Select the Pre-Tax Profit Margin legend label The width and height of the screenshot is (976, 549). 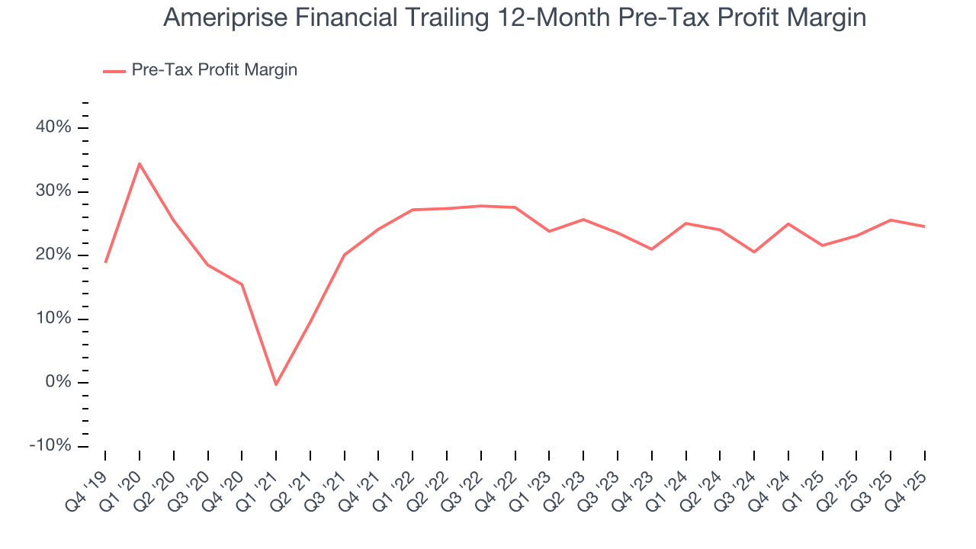click(x=214, y=70)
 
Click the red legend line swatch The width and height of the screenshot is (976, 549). click(x=114, y=71)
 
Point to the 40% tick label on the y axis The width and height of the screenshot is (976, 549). click(x=53, y=127)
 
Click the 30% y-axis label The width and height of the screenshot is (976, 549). click(x=53, y=191)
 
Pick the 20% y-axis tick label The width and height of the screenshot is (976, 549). click(x=53, y=255)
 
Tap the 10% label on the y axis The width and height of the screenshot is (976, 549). click(x=53, y=319)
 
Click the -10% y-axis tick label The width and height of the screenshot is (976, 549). click(x=50, y=445)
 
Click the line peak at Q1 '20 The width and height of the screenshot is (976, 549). click(x=140, y=163)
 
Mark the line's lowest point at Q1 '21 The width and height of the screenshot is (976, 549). click(x=276, y=384)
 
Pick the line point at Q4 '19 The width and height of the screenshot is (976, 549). click(x=105, y=262)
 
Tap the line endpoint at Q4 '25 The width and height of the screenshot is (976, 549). click(x=925, y=226)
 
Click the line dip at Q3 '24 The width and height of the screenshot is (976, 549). click(x=754, y=252)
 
